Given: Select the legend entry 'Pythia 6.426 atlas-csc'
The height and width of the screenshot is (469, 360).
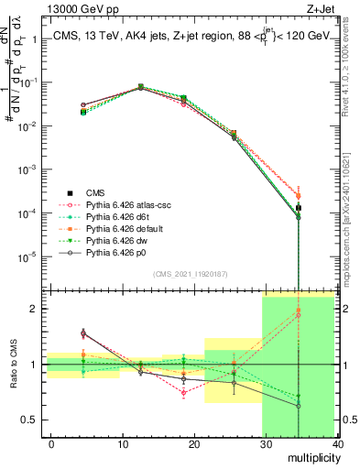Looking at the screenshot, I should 125,204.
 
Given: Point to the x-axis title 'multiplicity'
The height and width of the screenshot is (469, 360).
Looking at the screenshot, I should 311,456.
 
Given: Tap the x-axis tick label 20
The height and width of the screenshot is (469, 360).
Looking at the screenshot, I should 194,444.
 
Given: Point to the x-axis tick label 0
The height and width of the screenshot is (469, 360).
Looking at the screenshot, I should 51,444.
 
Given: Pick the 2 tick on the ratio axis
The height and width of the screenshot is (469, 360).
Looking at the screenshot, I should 34,309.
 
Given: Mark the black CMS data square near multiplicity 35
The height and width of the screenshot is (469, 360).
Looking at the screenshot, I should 299,208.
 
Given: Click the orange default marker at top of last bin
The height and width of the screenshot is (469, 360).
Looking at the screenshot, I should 299,195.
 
